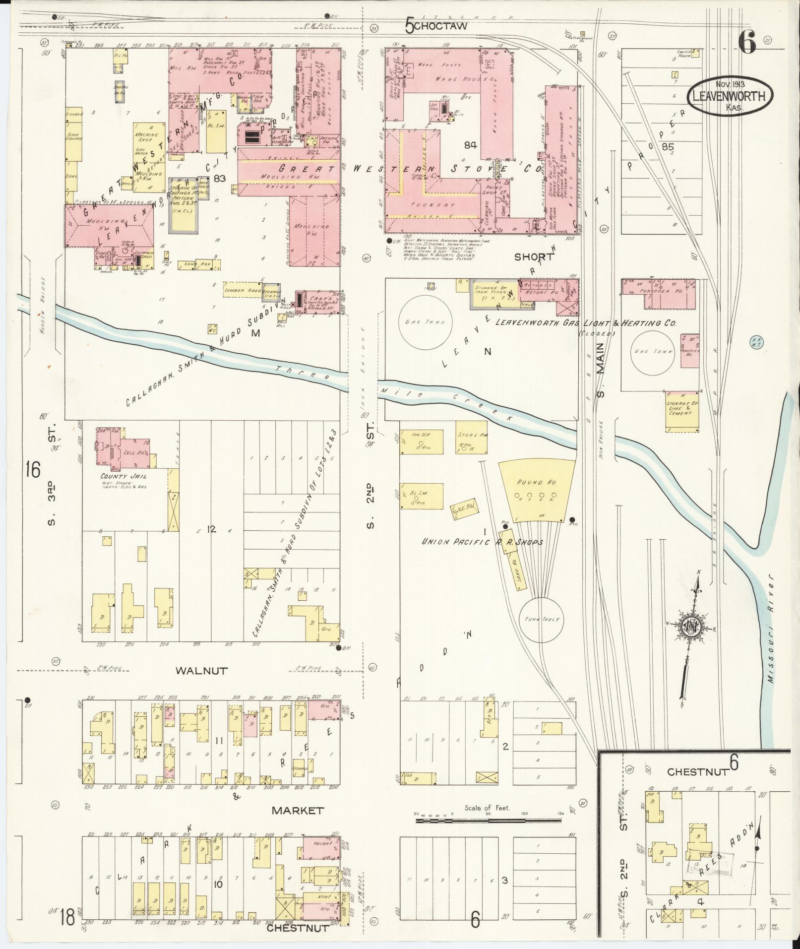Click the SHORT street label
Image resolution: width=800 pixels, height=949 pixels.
(x=534, y=256)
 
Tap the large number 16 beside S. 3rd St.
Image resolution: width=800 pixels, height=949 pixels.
(x=33, y=469)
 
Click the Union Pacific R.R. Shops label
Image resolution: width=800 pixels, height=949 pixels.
(x=483, y=543)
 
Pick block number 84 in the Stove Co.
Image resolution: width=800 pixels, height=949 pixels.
(x=471, y=145)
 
